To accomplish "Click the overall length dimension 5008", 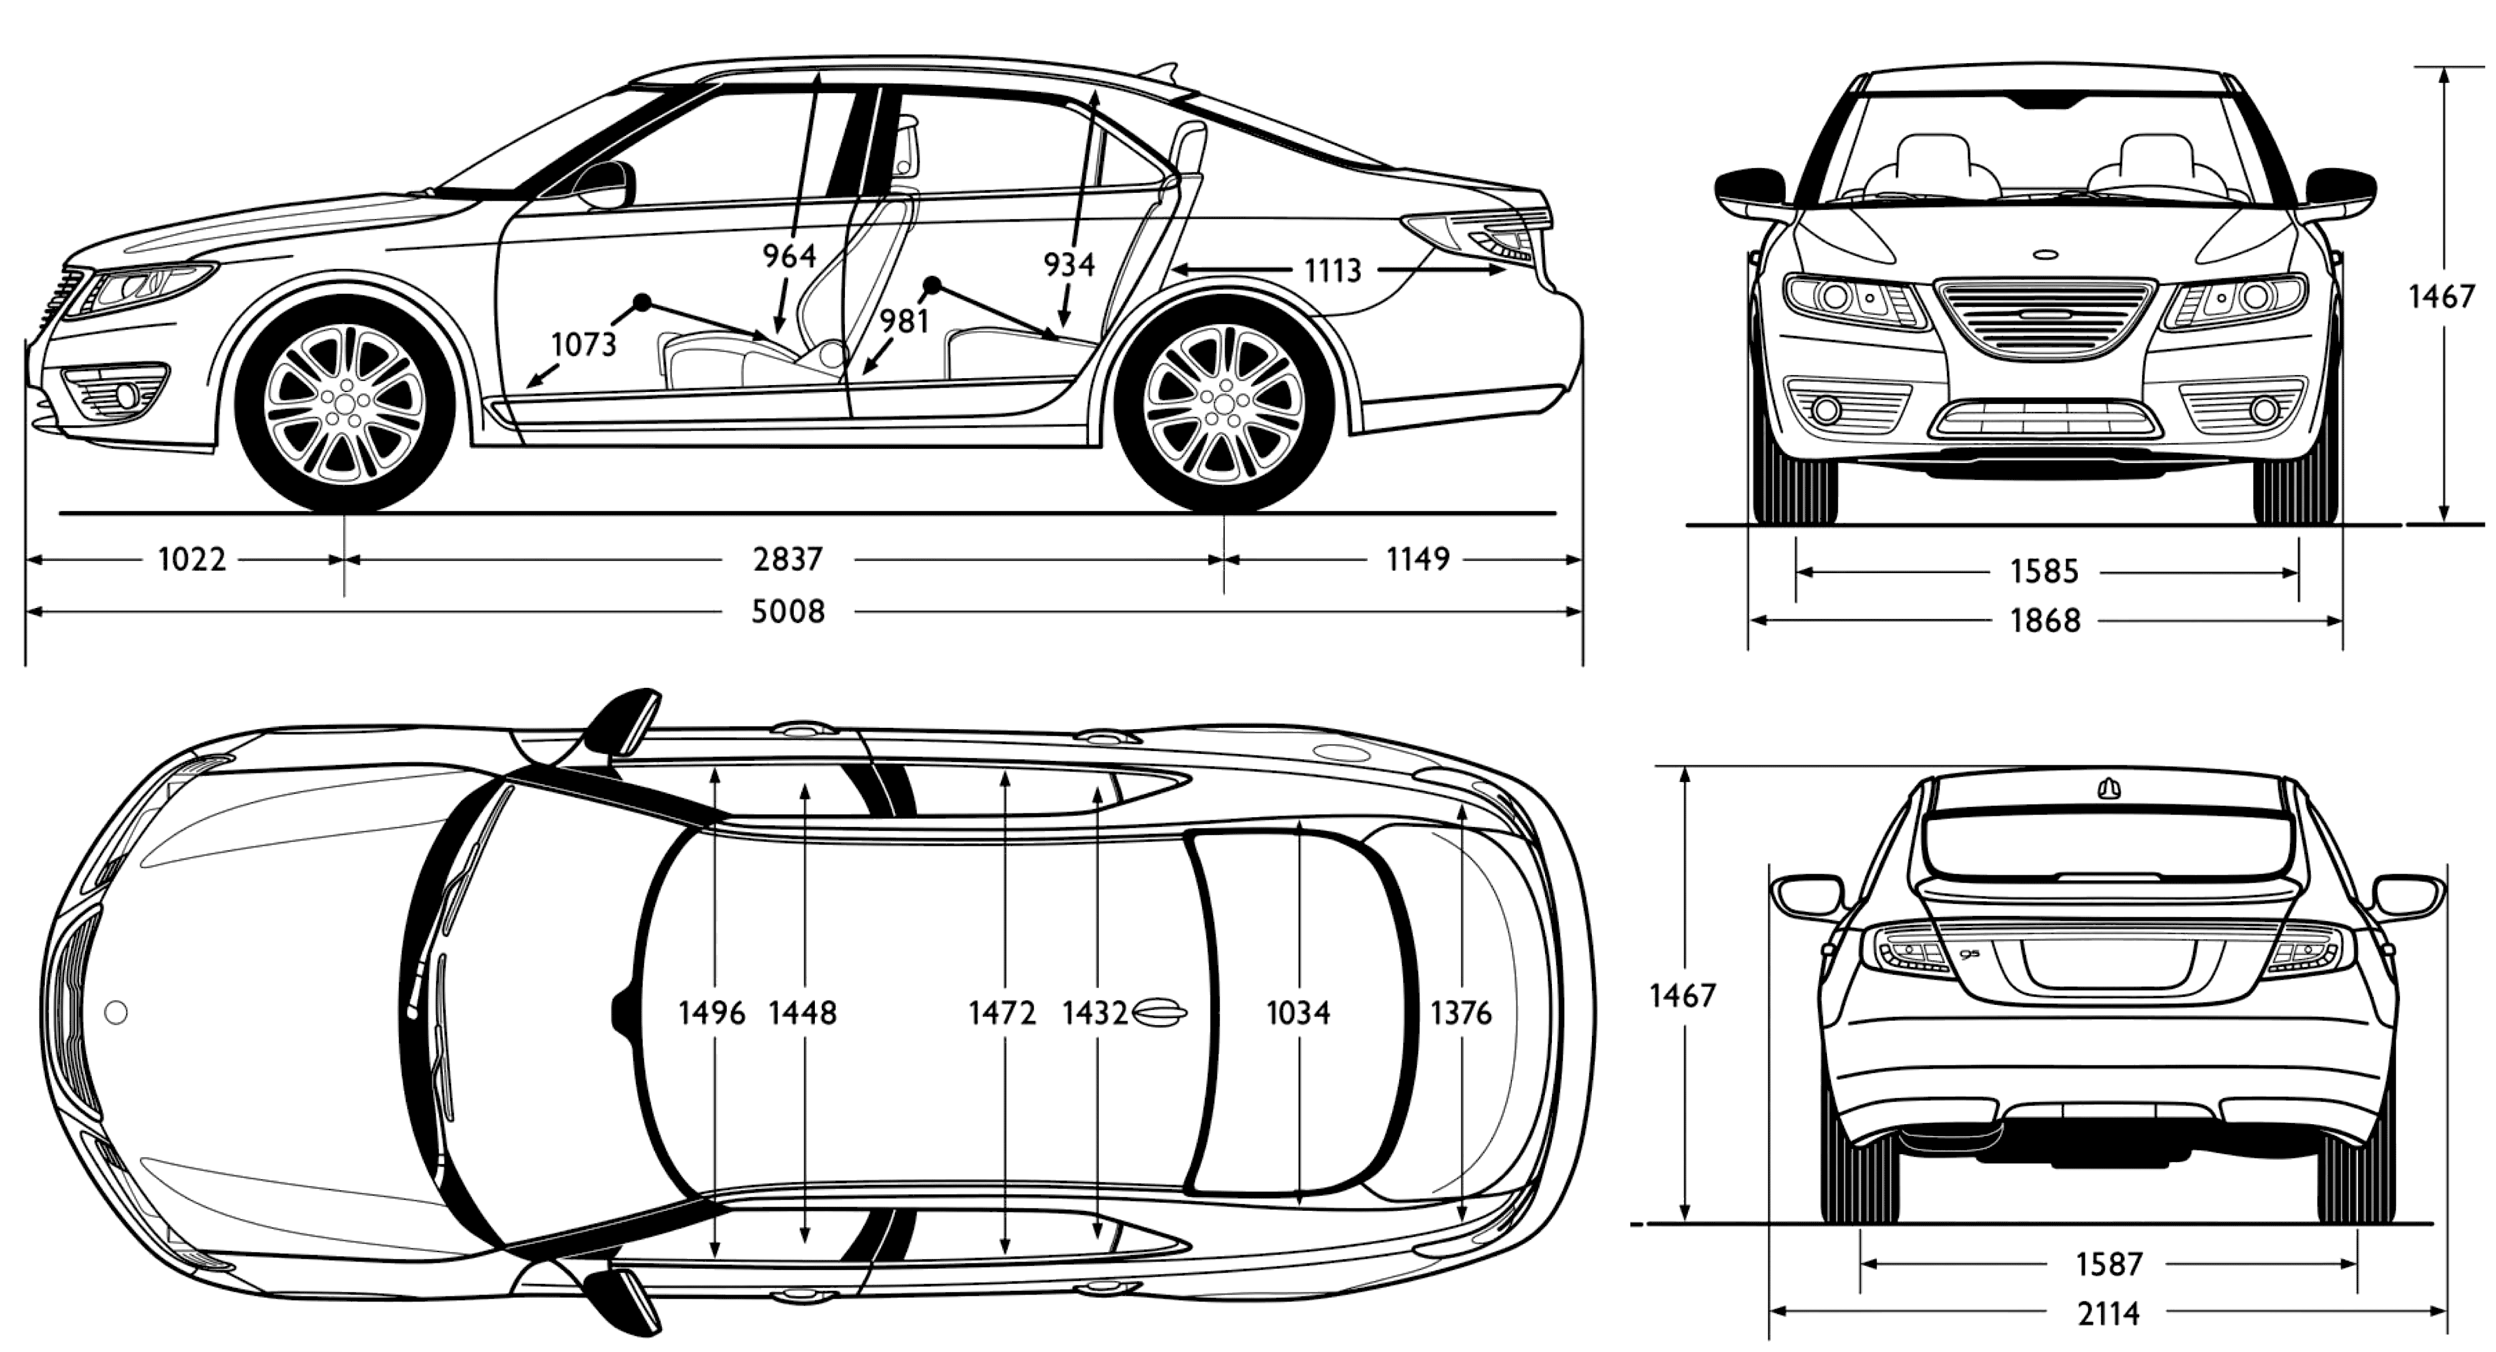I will point(787,612).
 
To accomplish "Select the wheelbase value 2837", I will point(787,559).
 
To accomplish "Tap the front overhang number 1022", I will point(192,559).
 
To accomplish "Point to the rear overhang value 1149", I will point(1418,559).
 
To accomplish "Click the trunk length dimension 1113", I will point(1332,270).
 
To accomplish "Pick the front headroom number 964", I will point(789,256).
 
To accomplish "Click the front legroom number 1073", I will point(583,344).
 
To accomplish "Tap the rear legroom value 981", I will point(904,321).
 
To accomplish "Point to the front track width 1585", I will point(2044,572).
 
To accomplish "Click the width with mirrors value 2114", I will point(2108,1314).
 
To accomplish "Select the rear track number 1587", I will point(2108,1264).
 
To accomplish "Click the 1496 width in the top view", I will point(712,1014).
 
